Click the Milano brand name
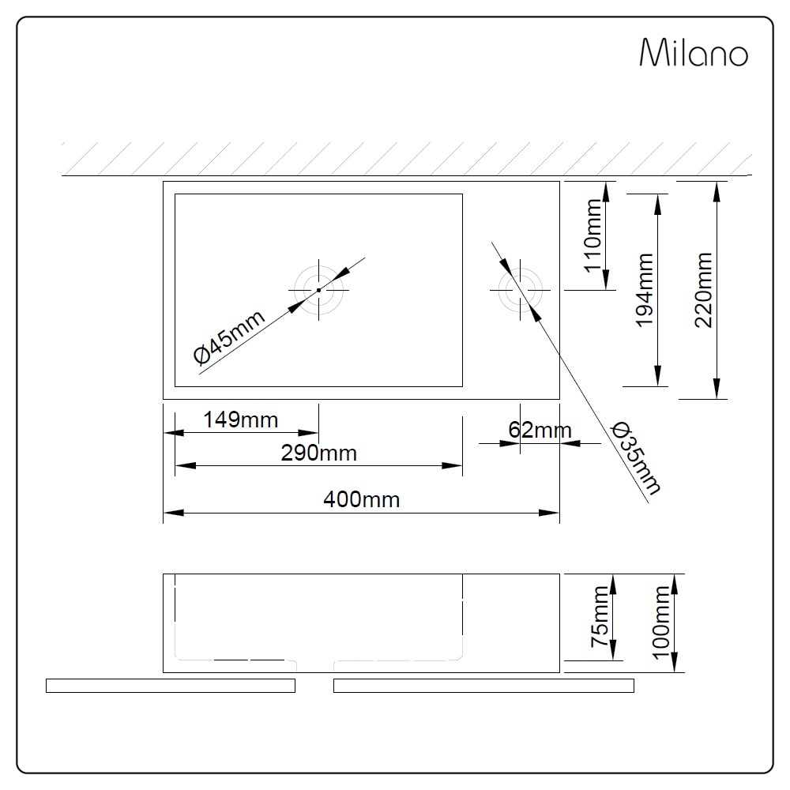(694, 52)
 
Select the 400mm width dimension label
(361, 499)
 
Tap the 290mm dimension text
(318, 453)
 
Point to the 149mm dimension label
(240, 419)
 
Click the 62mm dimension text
(540, 430)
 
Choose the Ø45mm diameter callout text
(229, 336)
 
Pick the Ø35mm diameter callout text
(636, 458)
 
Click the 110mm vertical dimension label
(593, 235)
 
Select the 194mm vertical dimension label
(644, 290)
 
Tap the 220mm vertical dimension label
(703, 290)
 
